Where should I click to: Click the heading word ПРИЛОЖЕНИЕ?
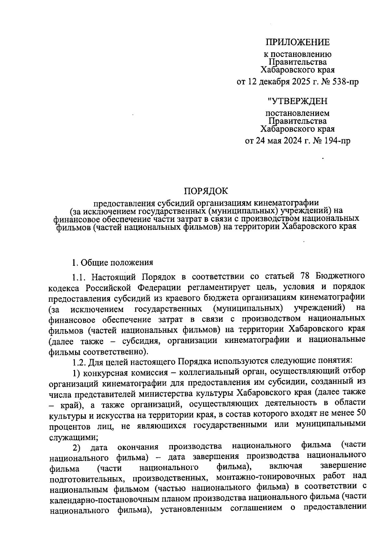[298, 42]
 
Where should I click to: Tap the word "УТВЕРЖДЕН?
[298, 101]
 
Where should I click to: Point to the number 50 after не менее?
[361, 414]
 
